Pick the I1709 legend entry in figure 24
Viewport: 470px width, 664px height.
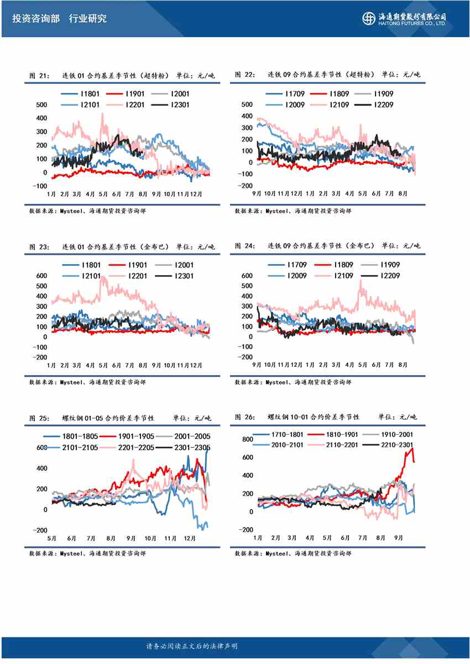coord(293,265)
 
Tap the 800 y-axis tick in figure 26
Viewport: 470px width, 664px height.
coord(247,439)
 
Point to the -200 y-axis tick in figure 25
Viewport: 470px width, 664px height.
coord(39,530)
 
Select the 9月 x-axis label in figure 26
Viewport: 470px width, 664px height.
coord(397,537)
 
